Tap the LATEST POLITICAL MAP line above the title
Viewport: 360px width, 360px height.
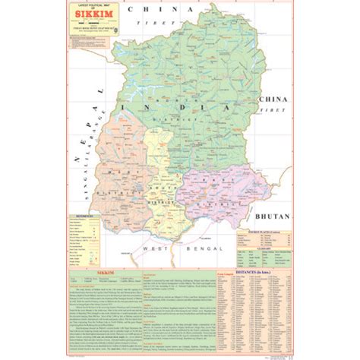coord(85,5)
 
